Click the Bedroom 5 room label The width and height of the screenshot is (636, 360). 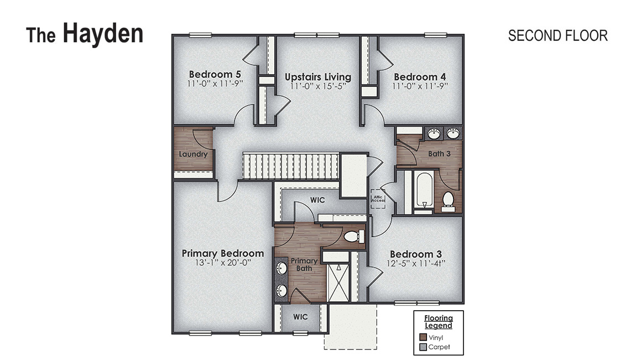(x=214, y=74)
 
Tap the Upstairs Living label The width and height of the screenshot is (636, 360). (x=317, y=77)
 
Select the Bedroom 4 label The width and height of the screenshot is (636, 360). (x=419, y=77)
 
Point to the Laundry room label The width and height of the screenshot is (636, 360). (x=193, y=154)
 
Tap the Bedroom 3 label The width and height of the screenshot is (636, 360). (x=415, y=253)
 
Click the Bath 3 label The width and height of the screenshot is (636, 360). (x=439, y=153)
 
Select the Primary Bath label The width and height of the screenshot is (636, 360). (x=304, y=264)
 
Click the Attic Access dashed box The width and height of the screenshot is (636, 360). (x=378, y=199)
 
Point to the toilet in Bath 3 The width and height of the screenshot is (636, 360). (x=448, y=200)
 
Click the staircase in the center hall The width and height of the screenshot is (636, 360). (x=290, y=167)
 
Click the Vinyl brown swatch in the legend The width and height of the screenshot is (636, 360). (x=423, y=337)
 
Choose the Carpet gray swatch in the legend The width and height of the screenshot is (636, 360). (x=423, y=347)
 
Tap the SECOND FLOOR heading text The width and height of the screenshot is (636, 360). (x=557, y=35)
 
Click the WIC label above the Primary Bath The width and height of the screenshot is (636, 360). (x=317, y=200)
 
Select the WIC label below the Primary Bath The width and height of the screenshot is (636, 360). (x=300, y=317)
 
